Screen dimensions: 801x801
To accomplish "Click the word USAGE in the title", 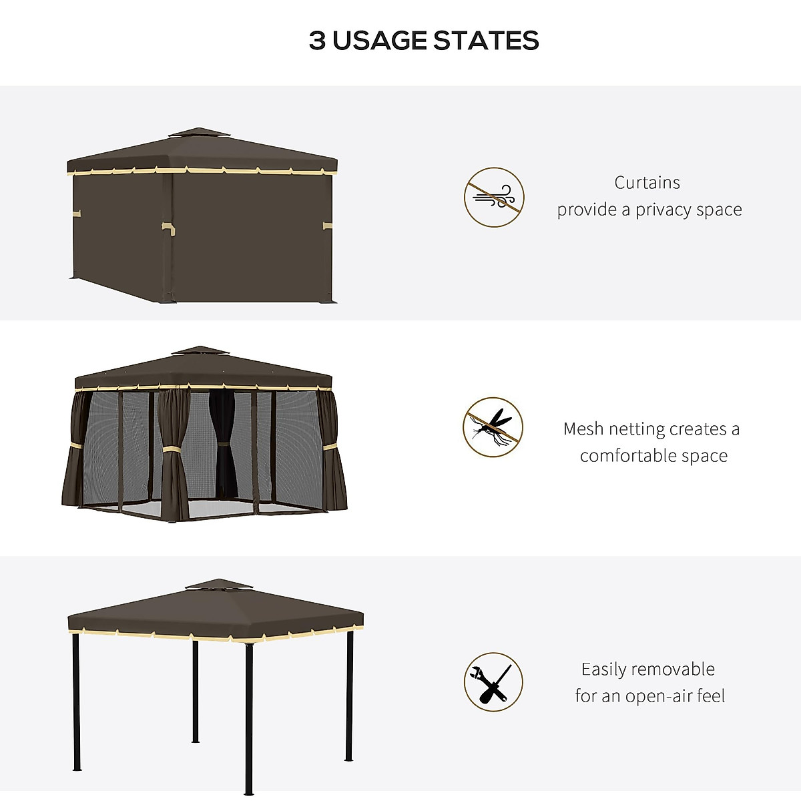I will [380, 41].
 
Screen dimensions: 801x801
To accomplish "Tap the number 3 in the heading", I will [317, 41].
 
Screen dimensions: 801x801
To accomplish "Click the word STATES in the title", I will [486, 41].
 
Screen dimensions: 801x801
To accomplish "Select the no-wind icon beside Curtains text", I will [494, 198].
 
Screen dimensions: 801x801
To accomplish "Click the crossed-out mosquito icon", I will [493, 427].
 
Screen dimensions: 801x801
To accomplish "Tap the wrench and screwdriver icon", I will [493, 682].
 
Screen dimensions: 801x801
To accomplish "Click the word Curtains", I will [647, 183].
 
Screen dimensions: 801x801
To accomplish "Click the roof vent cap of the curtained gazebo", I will [199, 133].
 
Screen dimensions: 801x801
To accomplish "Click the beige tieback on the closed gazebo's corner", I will [168, 228].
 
